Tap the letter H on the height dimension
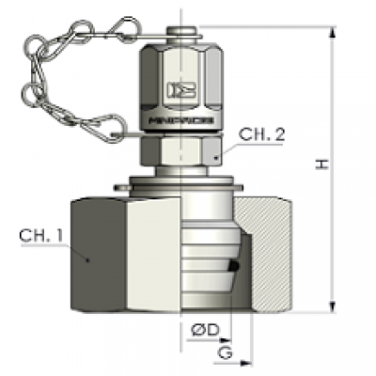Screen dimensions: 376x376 (x=322, y=164)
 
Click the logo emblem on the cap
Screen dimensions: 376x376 (x=177, y=91)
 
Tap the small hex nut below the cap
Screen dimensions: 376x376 (x=176, y=150)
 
